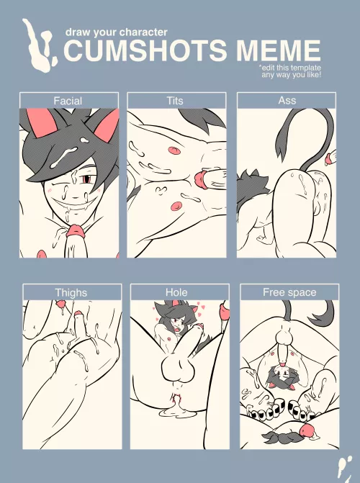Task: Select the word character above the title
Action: (x=143, y=32)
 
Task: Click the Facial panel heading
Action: (x=68, y=101)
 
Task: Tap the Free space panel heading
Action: (x=289, y=293)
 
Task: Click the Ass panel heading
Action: (x=287, y=101)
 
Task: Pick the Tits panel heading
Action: (x=176, y=101)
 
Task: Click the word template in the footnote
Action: (x=303, y=68)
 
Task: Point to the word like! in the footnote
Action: (x=312, y=75)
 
